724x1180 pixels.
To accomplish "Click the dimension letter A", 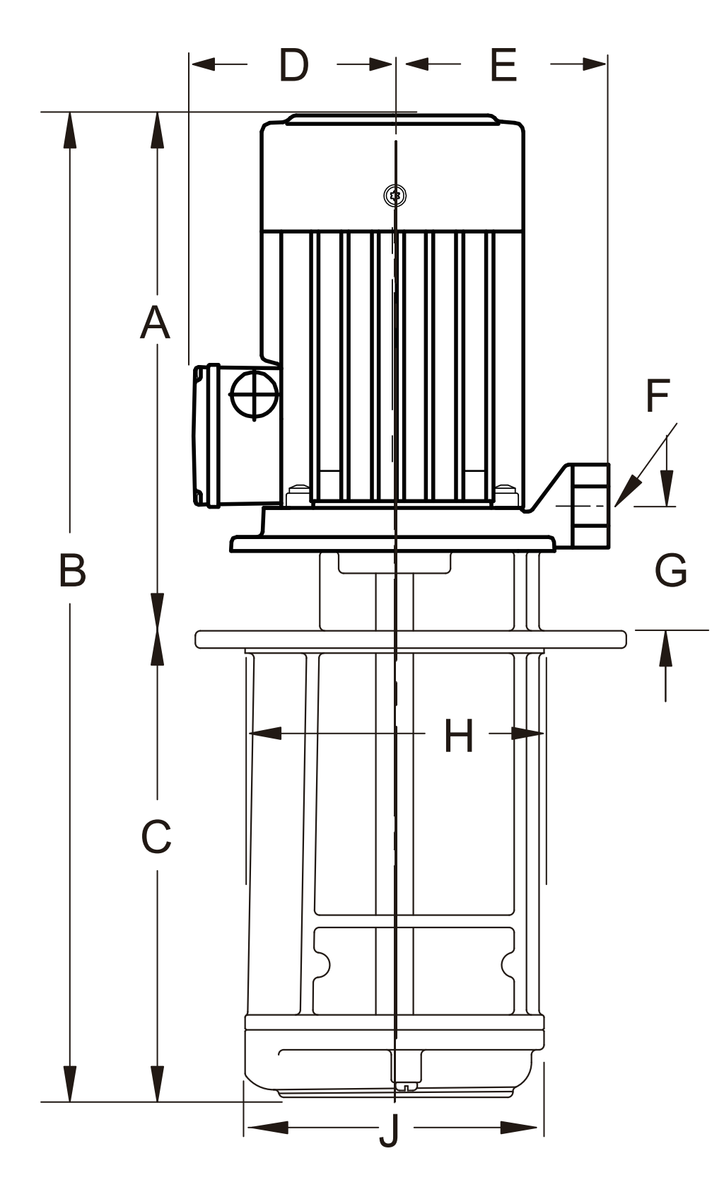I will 155,323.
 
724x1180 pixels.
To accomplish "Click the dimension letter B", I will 72,570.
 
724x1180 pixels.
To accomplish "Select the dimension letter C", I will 156,837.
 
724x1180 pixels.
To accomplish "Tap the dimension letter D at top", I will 293,65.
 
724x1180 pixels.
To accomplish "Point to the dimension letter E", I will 503,65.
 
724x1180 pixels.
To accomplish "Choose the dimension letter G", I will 670,569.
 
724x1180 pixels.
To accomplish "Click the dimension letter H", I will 459,735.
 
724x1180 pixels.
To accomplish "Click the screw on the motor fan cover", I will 395,195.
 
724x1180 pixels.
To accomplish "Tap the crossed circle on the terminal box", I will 254,393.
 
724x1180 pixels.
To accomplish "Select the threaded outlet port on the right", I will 590,505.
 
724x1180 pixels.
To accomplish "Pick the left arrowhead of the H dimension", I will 264,734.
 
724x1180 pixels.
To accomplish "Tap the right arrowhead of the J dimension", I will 520,1127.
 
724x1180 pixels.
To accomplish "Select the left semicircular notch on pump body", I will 322,965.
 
